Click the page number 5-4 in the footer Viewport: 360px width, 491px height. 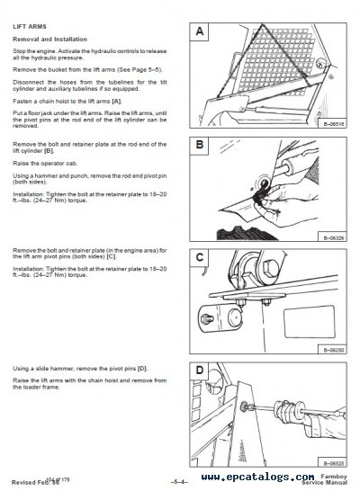(183, 481)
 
